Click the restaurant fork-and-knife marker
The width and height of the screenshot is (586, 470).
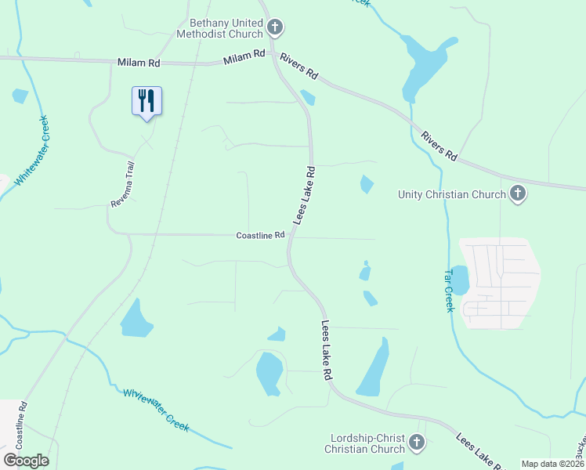[x=146, y=101]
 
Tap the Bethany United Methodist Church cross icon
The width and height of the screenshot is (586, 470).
[x=275, y=28]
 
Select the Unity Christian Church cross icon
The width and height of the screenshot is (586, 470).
[x=517, y=193]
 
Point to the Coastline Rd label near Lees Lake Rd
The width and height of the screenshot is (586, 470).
[x=261, y=236]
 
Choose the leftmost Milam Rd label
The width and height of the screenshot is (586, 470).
[x=139, y=62]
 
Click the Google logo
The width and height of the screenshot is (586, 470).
[x=26, y=461]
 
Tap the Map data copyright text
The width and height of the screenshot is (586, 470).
[x=552, y=464]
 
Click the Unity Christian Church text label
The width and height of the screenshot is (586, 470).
[x=452, y=194]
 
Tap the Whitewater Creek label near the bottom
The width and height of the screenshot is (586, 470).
[x=156, y=409]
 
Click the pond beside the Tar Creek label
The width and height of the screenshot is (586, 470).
[x=461, y=280]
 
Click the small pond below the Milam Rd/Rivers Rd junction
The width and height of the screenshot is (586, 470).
[x=308, y=97]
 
